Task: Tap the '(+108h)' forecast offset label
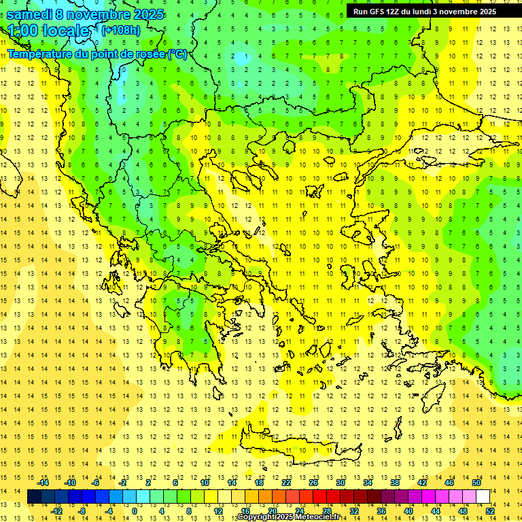point(121,30)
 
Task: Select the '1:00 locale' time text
point(49,31)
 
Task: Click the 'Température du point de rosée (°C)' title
point(97,54)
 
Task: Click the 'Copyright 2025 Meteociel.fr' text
point(288,517)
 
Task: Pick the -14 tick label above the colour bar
point(43,483)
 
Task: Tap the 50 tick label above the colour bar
point(476,483)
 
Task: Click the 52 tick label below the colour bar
point(490,511)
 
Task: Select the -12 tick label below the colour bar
point(57,511)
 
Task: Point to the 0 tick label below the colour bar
point(134,511)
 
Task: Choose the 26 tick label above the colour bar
point(313,483)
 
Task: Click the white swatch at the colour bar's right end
point(483,497)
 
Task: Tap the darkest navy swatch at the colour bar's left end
point(34,497)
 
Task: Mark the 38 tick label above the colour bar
point(394,483)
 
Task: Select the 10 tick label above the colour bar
point(205,483)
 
